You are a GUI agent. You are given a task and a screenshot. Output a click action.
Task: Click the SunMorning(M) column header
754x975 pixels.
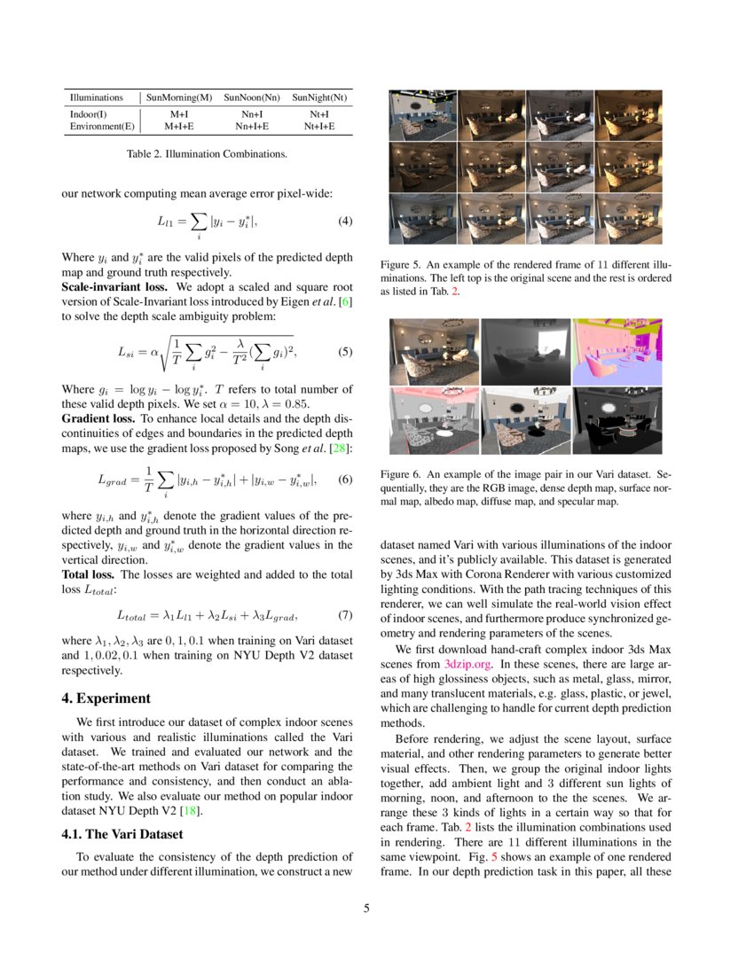click(x=179, y=97)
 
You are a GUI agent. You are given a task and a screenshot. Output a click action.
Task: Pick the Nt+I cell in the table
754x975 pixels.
click(x=319, y=114)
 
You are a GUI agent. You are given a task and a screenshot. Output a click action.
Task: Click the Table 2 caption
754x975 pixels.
click(x=207, y=154)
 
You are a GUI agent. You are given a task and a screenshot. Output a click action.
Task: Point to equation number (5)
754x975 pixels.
click(x=345, y=352)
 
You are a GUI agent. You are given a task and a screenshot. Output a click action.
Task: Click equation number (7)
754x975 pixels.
click(x=345, y=614)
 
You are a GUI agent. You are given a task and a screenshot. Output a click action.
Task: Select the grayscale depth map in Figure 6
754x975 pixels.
click(x=525, y=352)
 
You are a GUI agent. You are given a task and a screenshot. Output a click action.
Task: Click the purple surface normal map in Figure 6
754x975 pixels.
click(x=617, y=352)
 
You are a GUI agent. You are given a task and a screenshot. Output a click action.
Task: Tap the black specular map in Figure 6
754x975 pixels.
click(x=617, y=421)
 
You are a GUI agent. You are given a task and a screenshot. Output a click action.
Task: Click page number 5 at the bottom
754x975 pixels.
click(x=366, y=908)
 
